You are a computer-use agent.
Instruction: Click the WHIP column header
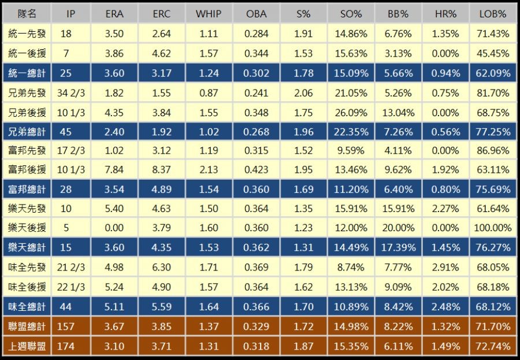pos(208,14)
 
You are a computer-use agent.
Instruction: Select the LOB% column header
pos(492,14)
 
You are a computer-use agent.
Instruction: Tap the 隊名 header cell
pos(27,14)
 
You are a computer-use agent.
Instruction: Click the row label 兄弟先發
pos(27,93)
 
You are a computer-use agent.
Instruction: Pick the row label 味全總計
pos(27,306)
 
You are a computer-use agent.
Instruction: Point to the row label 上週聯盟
pos(27,346)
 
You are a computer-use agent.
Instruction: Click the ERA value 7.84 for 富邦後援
pos(114,170)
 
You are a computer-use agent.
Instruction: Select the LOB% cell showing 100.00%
pos(492,228)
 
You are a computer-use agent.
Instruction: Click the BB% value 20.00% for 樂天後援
pos(399,228)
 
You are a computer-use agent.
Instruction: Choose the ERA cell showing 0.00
pos(114,228)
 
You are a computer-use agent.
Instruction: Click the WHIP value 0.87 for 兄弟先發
pos(208,93)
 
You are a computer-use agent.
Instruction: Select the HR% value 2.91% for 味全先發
pos(446,268)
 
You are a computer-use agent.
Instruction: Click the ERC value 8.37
pos(161,170)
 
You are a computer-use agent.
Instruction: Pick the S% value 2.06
pos(303,93)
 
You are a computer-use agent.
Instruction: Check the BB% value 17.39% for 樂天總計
pos(399,248)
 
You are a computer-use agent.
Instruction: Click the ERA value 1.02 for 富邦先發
pos(114,151)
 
